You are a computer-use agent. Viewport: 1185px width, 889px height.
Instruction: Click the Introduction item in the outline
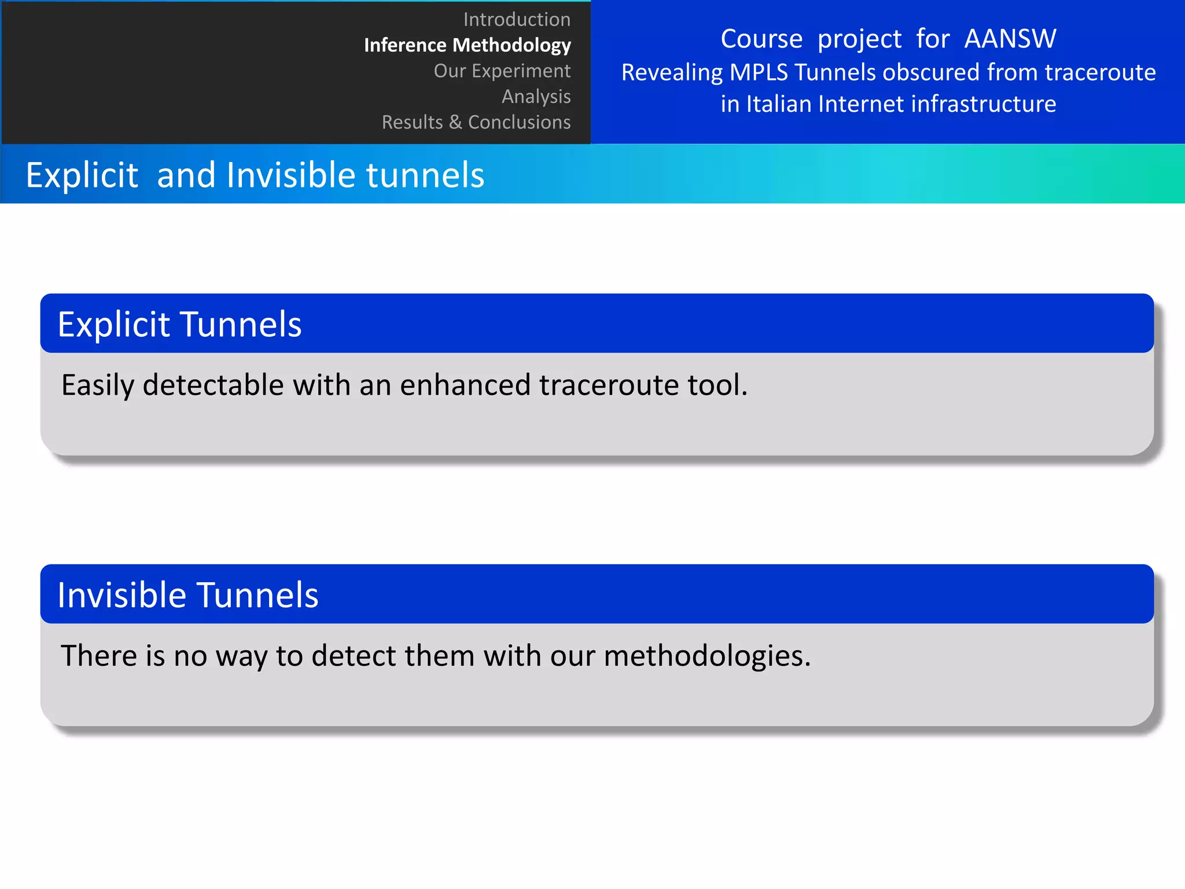coord(517,20)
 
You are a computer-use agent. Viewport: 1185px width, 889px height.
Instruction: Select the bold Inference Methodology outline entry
coord(467,45)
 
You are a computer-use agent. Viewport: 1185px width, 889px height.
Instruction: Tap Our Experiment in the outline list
coord(502,71)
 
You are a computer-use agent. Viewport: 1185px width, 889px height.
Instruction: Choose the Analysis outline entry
coord(536,96)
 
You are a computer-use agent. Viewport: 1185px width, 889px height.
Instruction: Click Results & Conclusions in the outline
coord(476,122)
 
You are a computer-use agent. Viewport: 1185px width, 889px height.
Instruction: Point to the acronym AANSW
coord(1010,39)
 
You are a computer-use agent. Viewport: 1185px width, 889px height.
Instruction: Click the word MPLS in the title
coord(759,72)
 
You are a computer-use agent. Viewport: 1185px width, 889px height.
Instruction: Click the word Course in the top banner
coord(761,39)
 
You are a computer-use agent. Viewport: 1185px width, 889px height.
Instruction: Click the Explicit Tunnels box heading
coord(179,324)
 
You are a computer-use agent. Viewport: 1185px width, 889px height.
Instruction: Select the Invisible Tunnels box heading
coord(187,595)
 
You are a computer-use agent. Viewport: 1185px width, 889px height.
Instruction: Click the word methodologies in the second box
coord(706,656)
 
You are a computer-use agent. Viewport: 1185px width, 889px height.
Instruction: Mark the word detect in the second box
coord(352,656)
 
